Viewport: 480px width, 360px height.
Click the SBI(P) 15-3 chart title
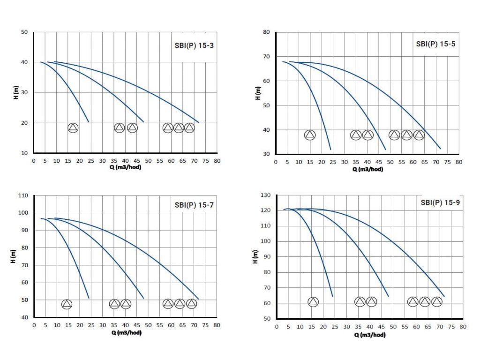tap(194, 45)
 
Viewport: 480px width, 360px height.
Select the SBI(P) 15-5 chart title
tap(435, 45)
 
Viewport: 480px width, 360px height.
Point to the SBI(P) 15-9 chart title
tap(440, 203)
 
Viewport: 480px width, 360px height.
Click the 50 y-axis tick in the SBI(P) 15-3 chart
tap(25, 32)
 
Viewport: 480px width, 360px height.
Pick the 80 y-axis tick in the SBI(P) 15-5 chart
tap(266, 32)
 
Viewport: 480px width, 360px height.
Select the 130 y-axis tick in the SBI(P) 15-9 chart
tap(266, 195)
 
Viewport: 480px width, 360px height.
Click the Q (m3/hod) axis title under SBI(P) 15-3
tap(125, 167)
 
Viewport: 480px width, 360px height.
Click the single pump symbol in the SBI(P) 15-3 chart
tap(73, 127)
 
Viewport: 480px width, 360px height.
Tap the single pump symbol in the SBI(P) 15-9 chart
tap(313, 302)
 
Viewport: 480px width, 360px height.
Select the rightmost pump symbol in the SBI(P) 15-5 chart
tap(419, 135)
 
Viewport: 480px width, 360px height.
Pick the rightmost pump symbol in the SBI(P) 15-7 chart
tap(191, 304)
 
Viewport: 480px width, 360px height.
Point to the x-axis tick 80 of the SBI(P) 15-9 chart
tap(463, 326)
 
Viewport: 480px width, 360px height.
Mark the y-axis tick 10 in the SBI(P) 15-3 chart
tap(25, 153)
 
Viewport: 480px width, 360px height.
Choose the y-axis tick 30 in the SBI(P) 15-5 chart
tap(266, 154)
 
